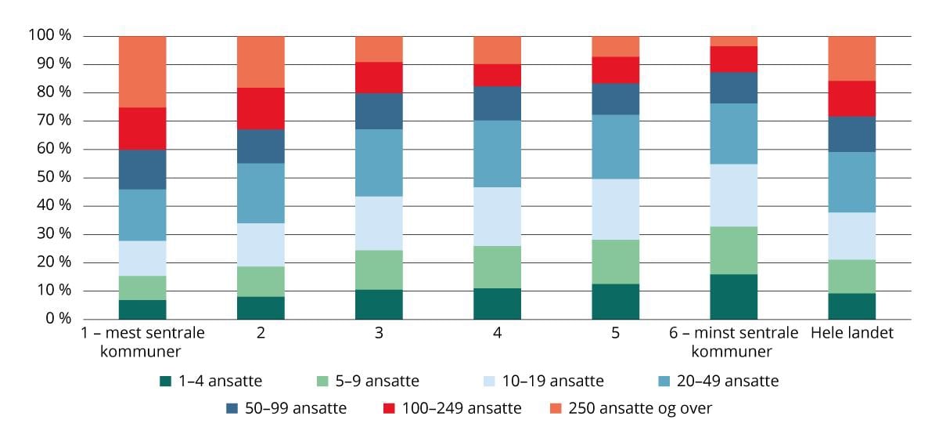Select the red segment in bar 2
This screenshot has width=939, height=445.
[261, 108]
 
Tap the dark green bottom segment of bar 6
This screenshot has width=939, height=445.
[733, 296]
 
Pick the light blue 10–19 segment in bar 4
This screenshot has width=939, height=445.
[497, 216]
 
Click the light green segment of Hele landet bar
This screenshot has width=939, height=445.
[851, 276]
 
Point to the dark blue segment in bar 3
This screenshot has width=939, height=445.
[379, 111]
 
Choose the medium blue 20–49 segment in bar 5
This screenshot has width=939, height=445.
[615, 147]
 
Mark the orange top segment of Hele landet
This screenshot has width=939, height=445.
[851, 58]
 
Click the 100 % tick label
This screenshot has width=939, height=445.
[49, 36]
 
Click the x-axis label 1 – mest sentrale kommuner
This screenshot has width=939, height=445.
[142, 342]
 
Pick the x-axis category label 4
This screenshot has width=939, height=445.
[497, 333]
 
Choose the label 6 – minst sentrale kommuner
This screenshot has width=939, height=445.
[733, 342]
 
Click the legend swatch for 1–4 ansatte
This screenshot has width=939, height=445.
[165, 382]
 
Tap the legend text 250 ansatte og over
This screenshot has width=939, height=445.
[640, 408]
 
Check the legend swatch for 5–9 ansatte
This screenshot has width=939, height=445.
[322, 382]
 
